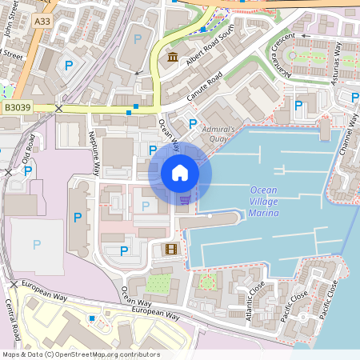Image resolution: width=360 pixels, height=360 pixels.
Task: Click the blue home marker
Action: click(180, 173)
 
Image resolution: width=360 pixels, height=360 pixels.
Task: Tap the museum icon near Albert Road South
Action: click(173, 57)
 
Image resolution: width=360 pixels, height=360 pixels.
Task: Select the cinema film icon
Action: click(170, 249)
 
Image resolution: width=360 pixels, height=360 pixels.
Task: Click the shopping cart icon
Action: click(185, 199)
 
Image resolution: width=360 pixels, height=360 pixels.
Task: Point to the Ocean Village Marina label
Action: click(264, 202)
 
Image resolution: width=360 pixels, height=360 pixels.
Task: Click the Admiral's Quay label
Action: click(219, 134)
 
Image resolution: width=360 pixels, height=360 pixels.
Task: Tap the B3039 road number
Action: click(17, 106)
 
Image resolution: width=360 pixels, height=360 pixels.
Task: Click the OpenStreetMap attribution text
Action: click(81, 354)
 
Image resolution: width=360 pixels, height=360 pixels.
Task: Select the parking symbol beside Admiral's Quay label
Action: click(192, 124)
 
